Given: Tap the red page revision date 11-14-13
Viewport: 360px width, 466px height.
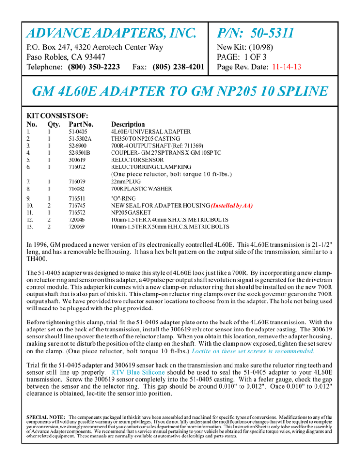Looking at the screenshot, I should [285, 67].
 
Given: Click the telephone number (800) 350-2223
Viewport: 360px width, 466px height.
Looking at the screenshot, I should [97, 67].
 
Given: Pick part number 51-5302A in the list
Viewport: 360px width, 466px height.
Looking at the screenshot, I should [81, 140].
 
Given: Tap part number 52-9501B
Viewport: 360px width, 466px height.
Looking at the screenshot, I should [80, 153].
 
